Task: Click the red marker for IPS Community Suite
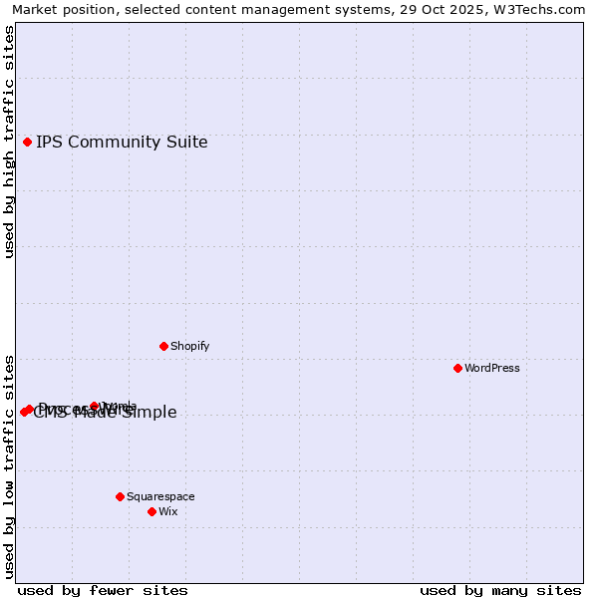point(27,142)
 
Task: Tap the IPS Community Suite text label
point(122,142)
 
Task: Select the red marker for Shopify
point(163,346)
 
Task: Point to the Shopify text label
point(189,346)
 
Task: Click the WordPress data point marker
point(457,368)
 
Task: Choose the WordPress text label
point(492,368)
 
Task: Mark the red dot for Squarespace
point(120,496)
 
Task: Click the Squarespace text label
point(160,496)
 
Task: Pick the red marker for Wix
point(151,511)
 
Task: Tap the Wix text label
point(167,511)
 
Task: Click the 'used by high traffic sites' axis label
point(9,142)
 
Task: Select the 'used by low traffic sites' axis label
point(9,465)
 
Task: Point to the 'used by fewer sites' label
point(103,590)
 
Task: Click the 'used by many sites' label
point(500,590)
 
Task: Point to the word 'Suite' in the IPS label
point(185,142)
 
